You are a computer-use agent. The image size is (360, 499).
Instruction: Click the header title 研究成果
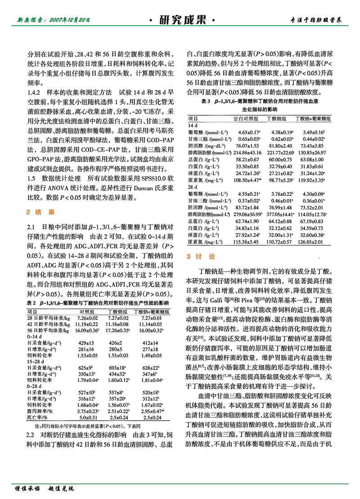click(x=180, y=20)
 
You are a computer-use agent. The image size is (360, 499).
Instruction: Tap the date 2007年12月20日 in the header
click(x=70, y=20)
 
